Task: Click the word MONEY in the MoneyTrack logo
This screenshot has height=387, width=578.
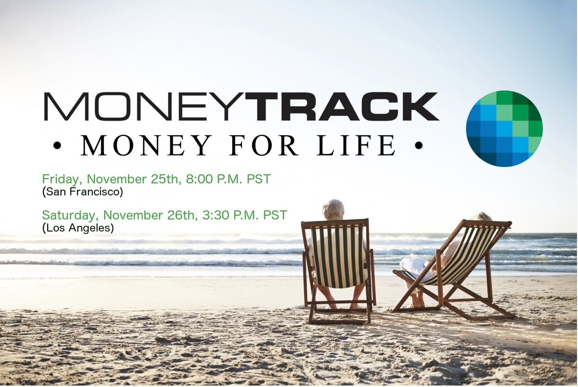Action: [144, 106]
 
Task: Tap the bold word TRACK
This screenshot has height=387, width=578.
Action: [342, 106]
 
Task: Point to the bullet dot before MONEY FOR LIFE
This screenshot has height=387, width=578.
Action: [58, 145]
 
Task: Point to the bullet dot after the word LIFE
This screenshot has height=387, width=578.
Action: [418, 145]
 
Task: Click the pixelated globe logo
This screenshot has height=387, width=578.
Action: [504, 129]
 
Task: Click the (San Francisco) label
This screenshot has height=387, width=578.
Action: [83, 192]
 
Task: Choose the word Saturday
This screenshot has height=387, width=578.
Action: [70, 215]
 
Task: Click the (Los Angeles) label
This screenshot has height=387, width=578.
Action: [78, 228]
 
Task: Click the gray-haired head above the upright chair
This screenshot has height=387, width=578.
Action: [333, 210]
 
